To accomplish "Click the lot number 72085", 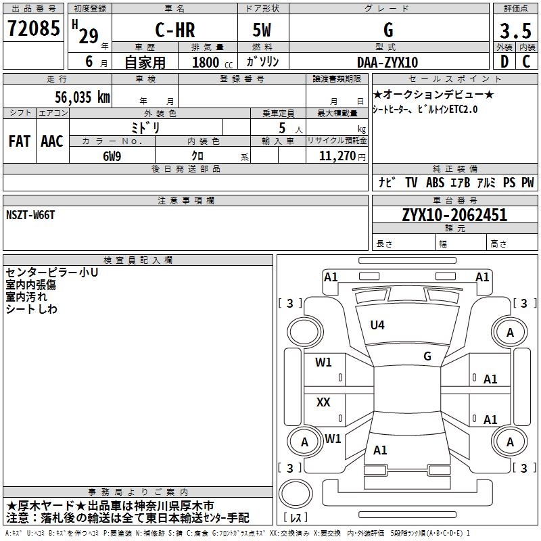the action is pos(33,28).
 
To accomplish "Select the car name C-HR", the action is pos(175,30).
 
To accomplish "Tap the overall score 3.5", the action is pos(515,30).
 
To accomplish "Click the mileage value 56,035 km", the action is pos(83,97).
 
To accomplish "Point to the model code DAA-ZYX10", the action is pos(387,62).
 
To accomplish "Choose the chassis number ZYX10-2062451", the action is pos(454,215).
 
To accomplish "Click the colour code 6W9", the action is pos(112,156).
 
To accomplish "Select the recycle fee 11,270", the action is pos(337,156).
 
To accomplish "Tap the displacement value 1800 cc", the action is pos(212,62).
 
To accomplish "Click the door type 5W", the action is pos(262,30).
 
